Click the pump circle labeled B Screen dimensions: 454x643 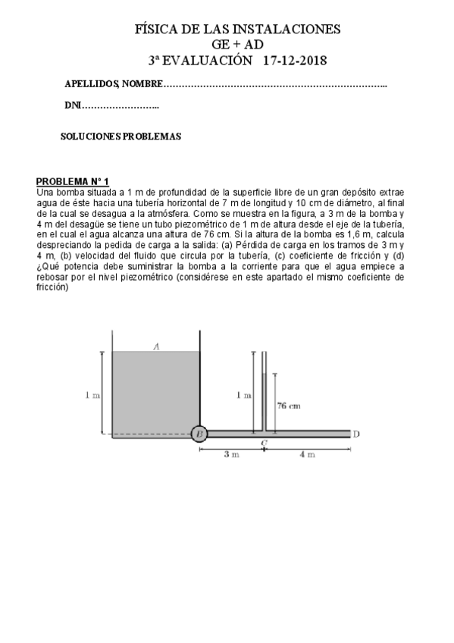pos(199,434)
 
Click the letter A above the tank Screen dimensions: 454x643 pos(155,346)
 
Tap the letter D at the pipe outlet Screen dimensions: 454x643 pos(356,434)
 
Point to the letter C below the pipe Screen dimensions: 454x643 pos(264,441)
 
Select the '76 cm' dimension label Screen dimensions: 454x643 pos(290,406)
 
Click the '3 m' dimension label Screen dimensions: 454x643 pos(231,455)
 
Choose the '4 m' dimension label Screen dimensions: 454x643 pos(307,455)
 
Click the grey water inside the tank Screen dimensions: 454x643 pos(155,394)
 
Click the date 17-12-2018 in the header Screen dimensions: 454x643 pos(296,60)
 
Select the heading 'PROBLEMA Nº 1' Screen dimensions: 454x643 pos(73,181)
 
